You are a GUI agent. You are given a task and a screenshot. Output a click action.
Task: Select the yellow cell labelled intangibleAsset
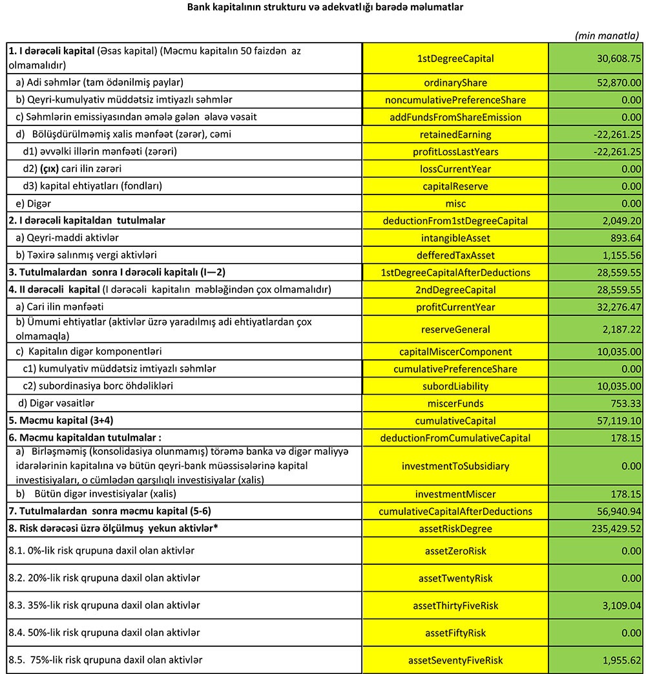[x=455, y=238]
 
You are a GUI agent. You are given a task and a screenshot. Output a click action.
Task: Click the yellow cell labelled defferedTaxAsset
[x=455, y=255]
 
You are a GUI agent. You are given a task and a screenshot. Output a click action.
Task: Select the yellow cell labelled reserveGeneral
[x=455, y=329]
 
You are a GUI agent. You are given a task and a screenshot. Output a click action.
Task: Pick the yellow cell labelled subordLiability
[x=455, y=386]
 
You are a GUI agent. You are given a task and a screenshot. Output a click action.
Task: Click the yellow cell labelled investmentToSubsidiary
[x=455, y=466]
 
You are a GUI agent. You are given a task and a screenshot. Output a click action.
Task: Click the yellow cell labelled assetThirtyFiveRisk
[x=455, y=606]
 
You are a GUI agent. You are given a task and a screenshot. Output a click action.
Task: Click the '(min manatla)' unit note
[x=607, y=36]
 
